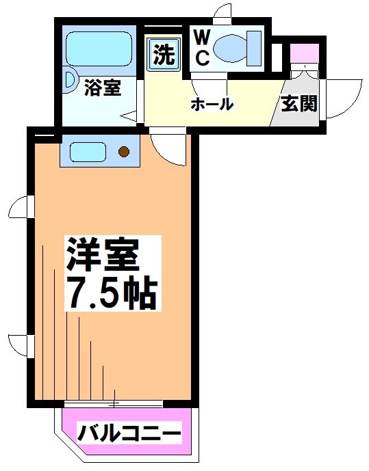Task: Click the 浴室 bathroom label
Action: coord(103,88)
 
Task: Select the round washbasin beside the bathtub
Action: coord(71,79)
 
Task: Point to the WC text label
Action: coord(203,48)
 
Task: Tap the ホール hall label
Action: coord(212,105)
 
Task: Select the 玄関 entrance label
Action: coord(298,105)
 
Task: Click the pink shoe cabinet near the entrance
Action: coord(302,53)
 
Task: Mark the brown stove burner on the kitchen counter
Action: coord(124,151)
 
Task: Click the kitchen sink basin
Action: coord(87,150)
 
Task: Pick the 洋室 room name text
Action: coord(103,255)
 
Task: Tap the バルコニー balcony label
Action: coord(129,433)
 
